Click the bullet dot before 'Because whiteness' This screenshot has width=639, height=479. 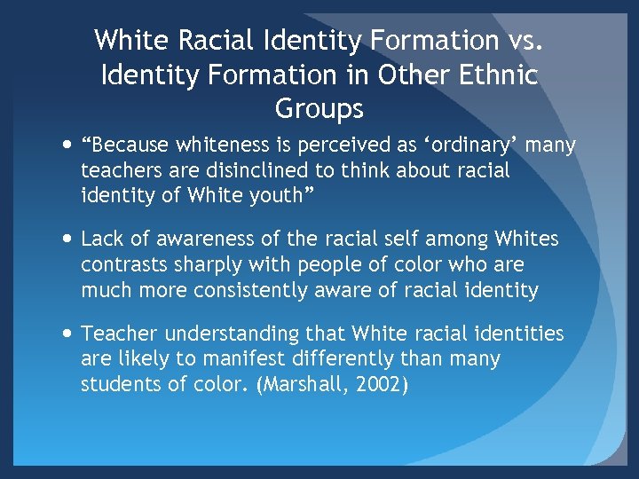pyautogui.click(x=68, y=145)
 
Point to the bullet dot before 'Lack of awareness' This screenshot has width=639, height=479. pyautogui.click(x=68, y=239)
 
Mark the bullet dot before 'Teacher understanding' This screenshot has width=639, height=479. pyautogui.click(x=68, y=334)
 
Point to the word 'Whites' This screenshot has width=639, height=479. pyautogui.click(x=527, y=239)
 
